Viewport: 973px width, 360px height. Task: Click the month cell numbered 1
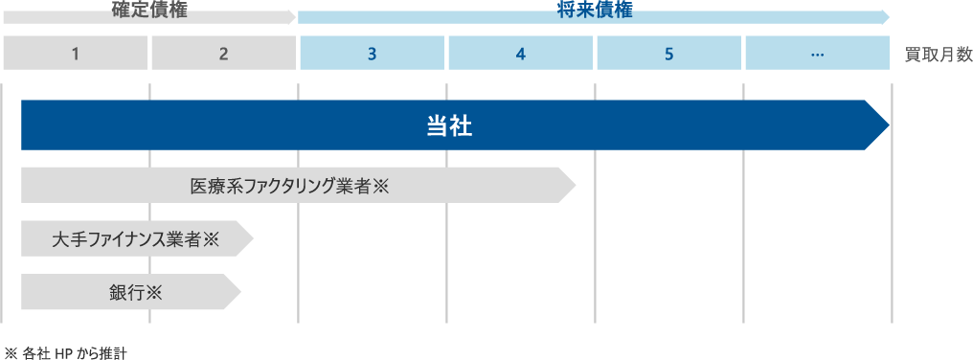(x=75, y=54)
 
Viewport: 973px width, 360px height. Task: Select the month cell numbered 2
(x=223, y=54)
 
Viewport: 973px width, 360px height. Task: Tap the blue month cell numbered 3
(x=373, y=54)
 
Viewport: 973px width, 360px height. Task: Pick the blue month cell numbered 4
(x=521, y=54)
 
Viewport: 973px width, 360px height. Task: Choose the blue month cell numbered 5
(x=669, y=54)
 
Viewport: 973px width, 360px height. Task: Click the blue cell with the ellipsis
(x=817, y=54)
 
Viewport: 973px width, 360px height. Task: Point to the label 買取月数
(x=938, y=55)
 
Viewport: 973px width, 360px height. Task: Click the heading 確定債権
(x=150, y=11)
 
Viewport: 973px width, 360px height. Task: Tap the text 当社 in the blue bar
(x=449, y=126)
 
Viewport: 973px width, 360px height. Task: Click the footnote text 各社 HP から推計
(x=73, y=352)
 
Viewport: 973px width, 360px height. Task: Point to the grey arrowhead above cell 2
(x=291, y=16)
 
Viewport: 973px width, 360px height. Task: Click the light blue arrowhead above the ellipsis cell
(x=886, y=16)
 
